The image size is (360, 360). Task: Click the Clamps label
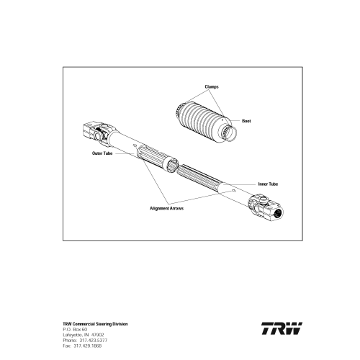point(212,86)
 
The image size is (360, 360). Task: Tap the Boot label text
point(246,121)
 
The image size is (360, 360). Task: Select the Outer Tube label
point(102,153)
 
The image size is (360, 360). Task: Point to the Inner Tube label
point(268,184)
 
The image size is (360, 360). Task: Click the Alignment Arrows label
point(166,208)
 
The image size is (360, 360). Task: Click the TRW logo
point(282,328)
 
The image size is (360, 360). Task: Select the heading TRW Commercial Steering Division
point(95,324)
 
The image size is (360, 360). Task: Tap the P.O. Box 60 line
point(75,330)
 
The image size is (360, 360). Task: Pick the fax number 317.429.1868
point(88,346)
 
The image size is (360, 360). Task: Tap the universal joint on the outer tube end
point(99,133)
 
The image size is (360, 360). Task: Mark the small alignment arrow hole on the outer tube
point(135,145)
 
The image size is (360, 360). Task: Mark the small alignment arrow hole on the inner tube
point(233,191)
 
